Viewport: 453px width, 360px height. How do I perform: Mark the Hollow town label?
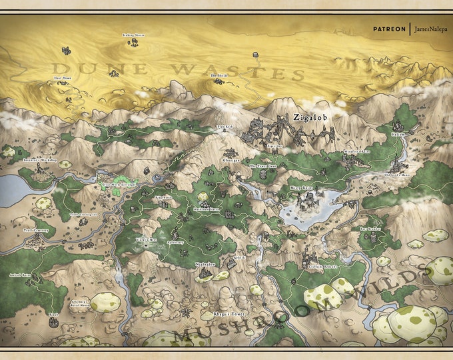click(398, 133)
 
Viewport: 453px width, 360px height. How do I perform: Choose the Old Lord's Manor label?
click(399, 175)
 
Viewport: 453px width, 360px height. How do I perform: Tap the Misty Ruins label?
click(302, 188)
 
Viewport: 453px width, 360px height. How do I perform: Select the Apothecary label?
click(175, 243)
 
